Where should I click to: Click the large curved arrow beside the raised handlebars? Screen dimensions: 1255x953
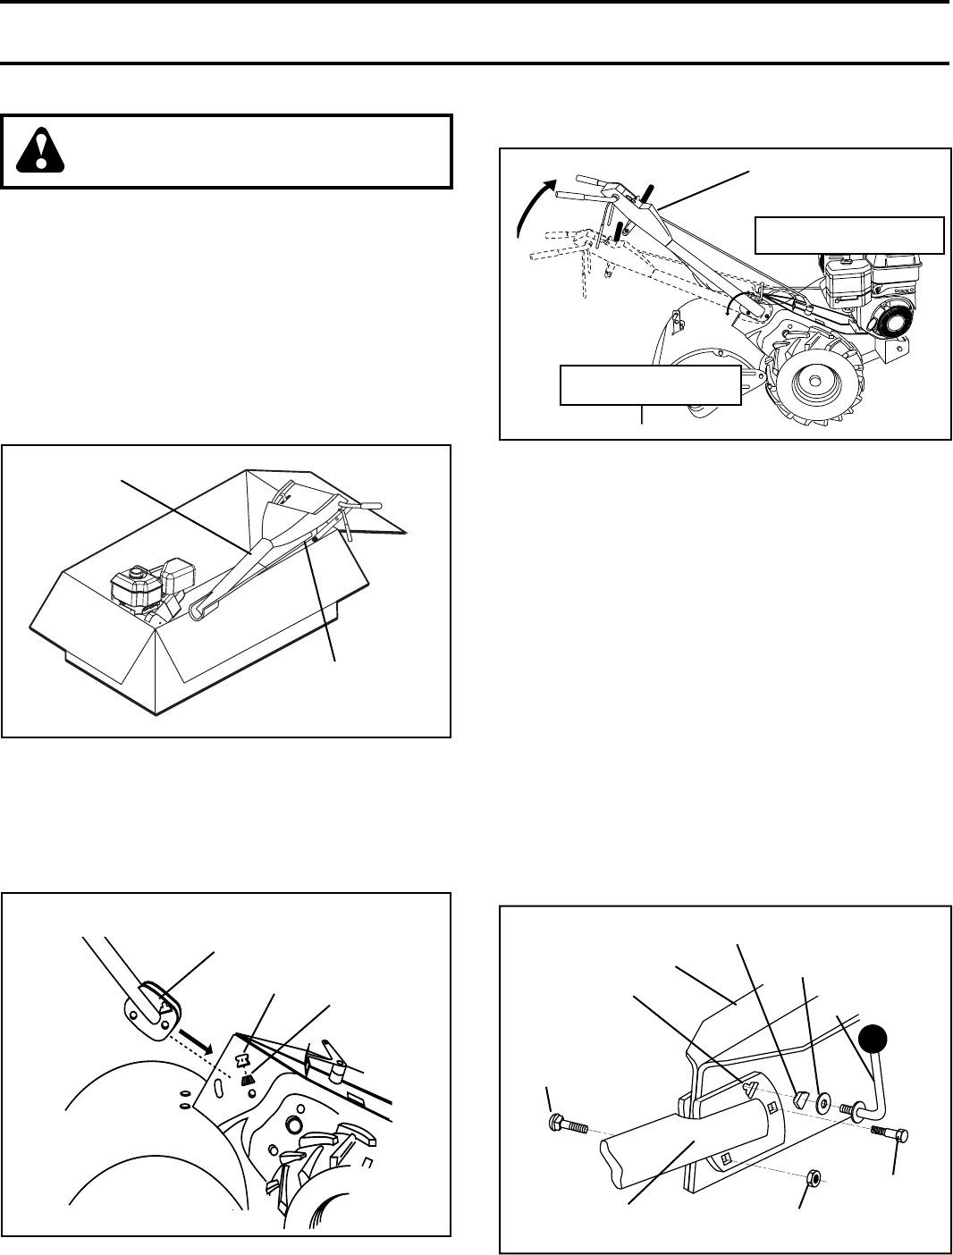click(x=536, y=204)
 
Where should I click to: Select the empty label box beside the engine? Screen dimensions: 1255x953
click(x=849, y=234)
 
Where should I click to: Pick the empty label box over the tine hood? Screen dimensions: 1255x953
click(x=650, y=385)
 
